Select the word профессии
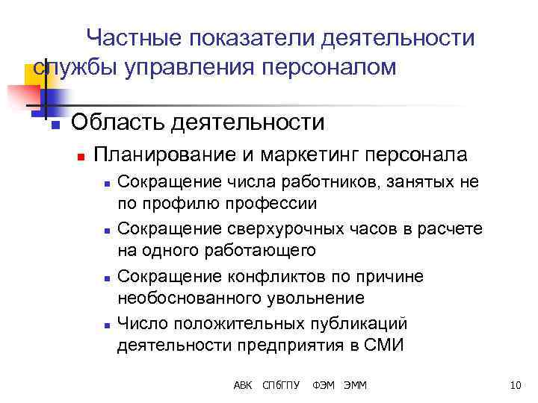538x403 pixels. pyautogui.click(x=276, y=202)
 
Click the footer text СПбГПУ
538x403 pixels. pyautogui.click(x=281, y=385)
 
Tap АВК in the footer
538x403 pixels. pyautogui.click(x=243, y=385)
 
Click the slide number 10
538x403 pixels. pyautogui.click(x=514, y=385)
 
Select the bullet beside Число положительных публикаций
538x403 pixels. pyautogui.click(x=108, y=325)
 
